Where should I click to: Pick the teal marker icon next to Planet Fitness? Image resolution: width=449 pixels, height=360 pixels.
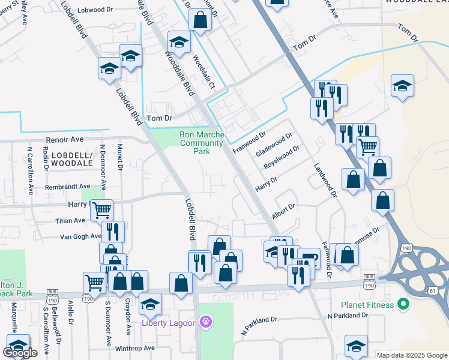(x=403, y=304)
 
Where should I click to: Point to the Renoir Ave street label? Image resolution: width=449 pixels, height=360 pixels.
(x=64, y=139)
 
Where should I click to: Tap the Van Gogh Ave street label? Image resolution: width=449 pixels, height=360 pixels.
(x=80, y=236)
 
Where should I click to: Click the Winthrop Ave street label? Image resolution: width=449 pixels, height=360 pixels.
(x=134, y=348)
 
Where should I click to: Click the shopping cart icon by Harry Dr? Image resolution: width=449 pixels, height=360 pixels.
(x=101, y=209)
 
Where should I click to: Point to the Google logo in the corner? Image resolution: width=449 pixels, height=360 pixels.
(x=20, y=353)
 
